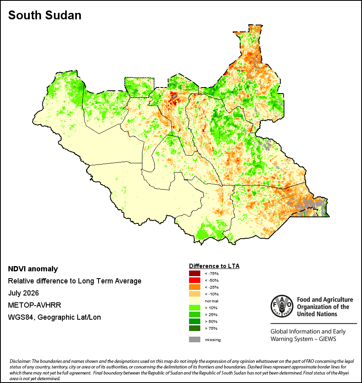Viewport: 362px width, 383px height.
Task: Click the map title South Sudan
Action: pos(45,15)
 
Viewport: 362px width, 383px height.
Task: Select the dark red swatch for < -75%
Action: pos(195,273)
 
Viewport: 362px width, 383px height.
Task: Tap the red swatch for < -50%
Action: pos(195,280)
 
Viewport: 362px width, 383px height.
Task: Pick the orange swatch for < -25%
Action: pos(195,287)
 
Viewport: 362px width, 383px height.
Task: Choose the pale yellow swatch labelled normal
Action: pos(195,301)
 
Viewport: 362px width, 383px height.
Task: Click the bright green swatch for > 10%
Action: pos(195,308)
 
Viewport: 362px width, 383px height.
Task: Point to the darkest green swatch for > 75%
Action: pos(195,328)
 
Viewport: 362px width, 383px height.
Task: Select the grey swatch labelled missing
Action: pos(195,339)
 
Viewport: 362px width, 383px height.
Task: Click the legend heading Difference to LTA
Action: pos(214,266)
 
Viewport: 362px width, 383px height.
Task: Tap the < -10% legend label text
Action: pos(212,294)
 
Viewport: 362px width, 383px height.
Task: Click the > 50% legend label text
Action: pos(211,321)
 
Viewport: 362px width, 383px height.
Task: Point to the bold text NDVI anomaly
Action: pos(33,269)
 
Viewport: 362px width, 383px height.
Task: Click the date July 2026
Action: pos(23,293)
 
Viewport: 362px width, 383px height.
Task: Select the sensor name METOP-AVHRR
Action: pos(35,305)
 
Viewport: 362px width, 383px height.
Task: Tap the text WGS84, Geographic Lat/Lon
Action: pos(54,317)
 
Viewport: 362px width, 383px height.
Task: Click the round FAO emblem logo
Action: pos(282,306)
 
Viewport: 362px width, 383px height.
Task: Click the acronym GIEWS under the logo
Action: pos(328,339)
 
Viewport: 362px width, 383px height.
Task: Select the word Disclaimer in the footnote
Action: pos(20,361)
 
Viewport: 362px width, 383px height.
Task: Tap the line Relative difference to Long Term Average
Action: pos(74,281)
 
